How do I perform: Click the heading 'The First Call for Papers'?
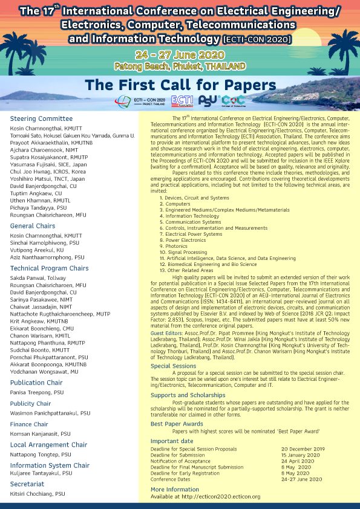pyautogui.click(x=180, y=83)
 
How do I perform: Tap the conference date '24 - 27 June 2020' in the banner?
pyautogui.click(x=179, y=54)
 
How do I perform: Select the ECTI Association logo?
pyautogui.click(x=183, y=101)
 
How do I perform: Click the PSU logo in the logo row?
pyautogui.click(x=209, y=101)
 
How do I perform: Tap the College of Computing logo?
pyautogui.click(x=234, y=101)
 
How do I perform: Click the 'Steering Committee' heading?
pyautogui.click(x=41, y=118)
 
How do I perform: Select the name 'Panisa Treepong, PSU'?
pyautogui.click(x=38, y=392)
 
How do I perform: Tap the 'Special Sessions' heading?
pyautogui.click(x=173, y=366)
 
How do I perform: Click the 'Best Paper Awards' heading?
pyautogui.click(x=177, y=424)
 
